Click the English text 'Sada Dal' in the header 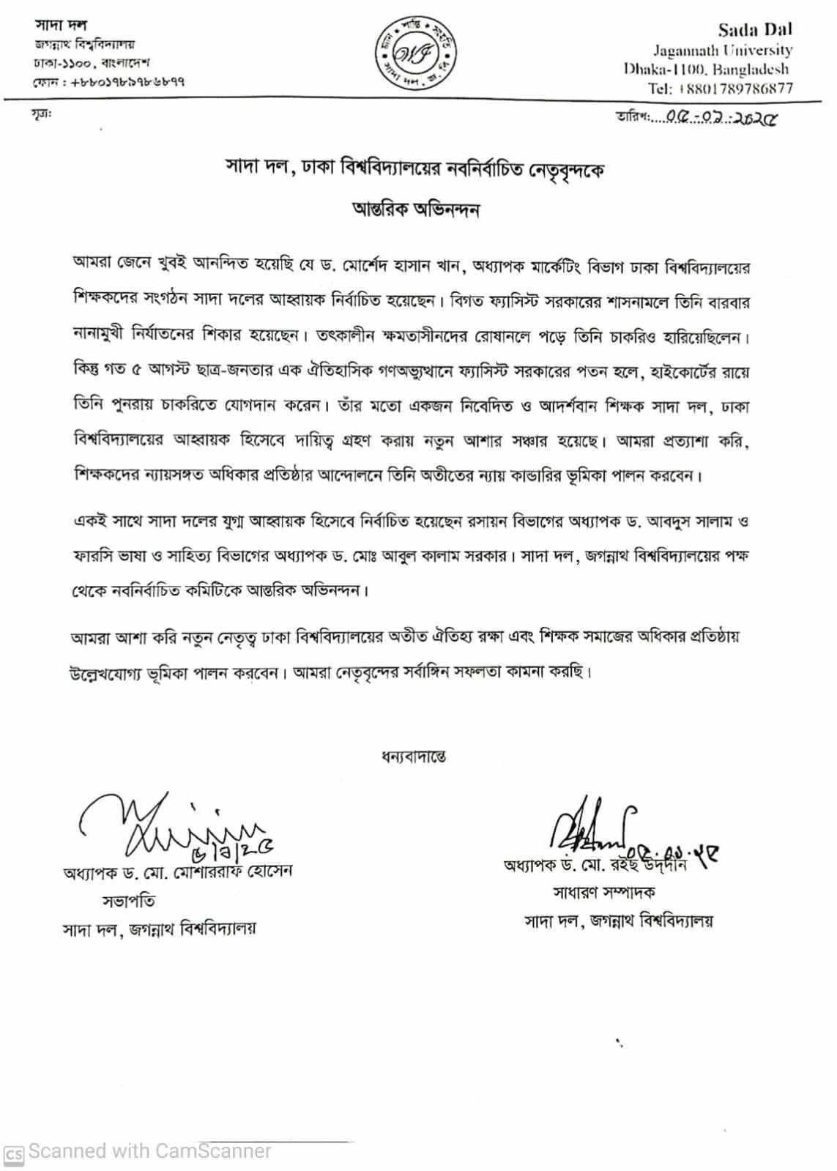754,30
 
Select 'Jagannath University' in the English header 723,51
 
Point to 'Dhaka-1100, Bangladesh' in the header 707,70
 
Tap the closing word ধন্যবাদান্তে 414,755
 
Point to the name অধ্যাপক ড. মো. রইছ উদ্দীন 595,866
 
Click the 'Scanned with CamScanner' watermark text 150,1151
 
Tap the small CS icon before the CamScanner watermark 15,1153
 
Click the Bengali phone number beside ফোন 127,82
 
